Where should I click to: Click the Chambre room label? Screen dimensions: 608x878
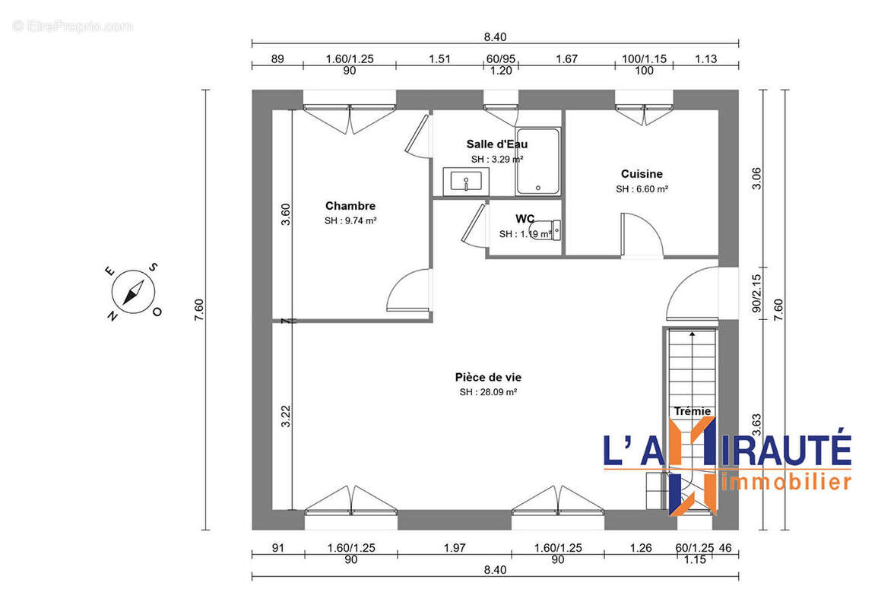pyautogui.click(x=350, y=206)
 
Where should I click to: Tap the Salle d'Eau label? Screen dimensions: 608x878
pyautogui.click(x=496, y=144)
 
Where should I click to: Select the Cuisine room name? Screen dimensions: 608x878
pyautogui.click(x=642, y=174)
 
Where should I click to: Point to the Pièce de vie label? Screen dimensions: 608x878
pyautogui.click(x=488, y=377)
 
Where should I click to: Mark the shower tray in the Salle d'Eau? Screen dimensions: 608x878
pyautogui.click(x=538, y=162)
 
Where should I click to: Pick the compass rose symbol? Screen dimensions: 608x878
pyautogui.click(x=134, y=291)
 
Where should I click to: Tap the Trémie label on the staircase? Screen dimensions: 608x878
pyautogui.click(x=692, y=411)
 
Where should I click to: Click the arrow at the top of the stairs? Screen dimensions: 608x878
pyautogui.click(x=692, y=332)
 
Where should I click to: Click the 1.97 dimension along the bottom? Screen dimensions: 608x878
pyautogui.click(x=454, y=547)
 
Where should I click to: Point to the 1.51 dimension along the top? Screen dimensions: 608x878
pyautogui.click(x=439, y=59)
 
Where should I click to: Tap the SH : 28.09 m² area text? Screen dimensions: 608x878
pyautogui.click(x=488, y=392)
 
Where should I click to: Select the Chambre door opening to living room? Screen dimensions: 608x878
pyautogui.click(x=407, y=291)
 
